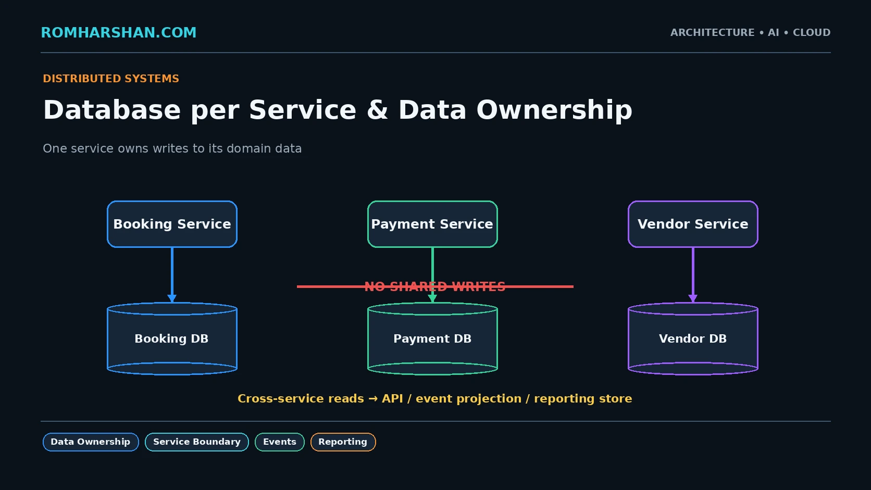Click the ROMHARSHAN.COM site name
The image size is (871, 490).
[119, 33]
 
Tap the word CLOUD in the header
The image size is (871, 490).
[812, 33]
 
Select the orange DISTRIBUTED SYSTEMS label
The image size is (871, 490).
[111, 79]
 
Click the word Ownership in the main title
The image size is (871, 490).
[554, 110]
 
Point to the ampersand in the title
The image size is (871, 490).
[377, 110]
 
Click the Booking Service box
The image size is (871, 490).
[172, 224]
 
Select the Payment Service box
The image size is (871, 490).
[432, 224]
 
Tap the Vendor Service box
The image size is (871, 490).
[693, 224]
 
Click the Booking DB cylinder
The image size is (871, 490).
[172, 338]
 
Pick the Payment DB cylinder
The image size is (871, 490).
[432, 338]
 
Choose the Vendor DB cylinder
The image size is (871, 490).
[693, 338]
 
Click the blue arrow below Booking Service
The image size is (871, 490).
[172, 275]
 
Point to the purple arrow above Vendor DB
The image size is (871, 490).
[693, 275]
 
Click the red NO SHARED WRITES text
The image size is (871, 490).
[435, 287]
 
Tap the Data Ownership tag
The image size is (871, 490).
[91, 442]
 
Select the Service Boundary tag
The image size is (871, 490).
[197, 442]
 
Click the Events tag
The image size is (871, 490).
[280, 442]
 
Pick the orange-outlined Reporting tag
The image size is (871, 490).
[343, 442]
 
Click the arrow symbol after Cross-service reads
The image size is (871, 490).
[373, 399]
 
